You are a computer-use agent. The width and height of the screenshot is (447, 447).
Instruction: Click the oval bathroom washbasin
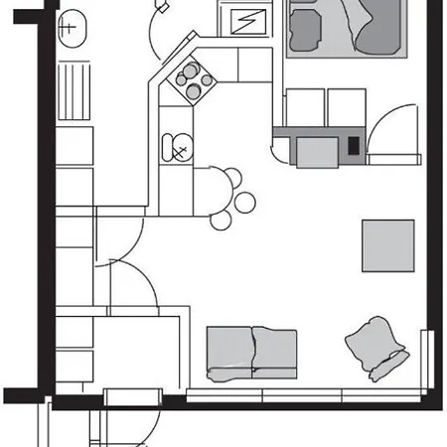click(x=69, y=28)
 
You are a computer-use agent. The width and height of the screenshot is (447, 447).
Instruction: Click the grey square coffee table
click(x=388, y=245)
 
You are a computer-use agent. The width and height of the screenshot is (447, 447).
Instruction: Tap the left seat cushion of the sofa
click(x=228, y=351)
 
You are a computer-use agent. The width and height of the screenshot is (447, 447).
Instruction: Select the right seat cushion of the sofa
click(x=276, y=351)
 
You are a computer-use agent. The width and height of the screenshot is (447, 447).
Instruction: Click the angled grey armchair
click(x=376, y=348)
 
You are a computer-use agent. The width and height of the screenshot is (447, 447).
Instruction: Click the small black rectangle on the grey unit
click(x=354, y=144)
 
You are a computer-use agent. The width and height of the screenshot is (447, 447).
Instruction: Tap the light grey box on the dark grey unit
click(x=317, y=152)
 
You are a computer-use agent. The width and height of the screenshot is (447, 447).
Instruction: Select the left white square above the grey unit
click(x=304, y=107)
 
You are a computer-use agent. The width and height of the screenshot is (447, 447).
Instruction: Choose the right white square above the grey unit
click(x=347, y=107)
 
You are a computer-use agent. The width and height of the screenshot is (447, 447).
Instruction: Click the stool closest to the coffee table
click(x=246, y=203)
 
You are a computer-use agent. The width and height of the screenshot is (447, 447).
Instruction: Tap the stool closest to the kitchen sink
click(x=232, y=179)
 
